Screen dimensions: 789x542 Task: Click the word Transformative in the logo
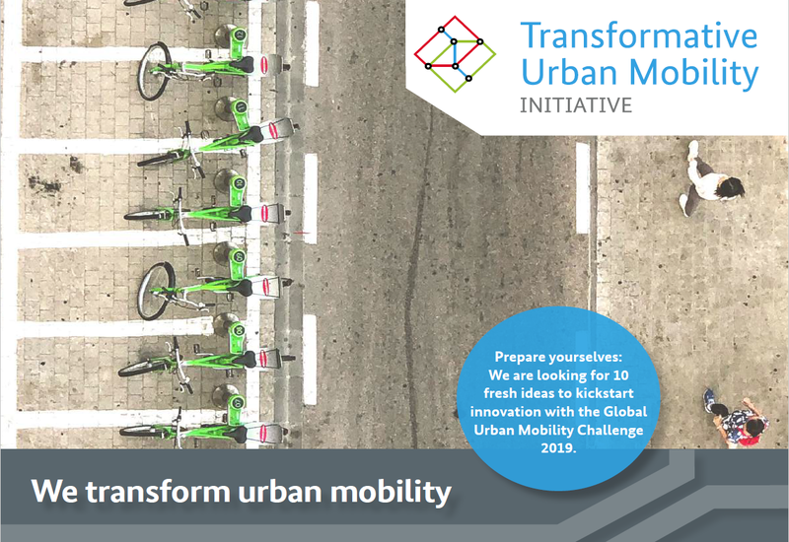pos(638,35)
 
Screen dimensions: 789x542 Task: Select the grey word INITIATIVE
pos(576,105)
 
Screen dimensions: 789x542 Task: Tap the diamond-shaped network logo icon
pos(455,54)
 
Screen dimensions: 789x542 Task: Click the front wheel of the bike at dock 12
pos(154,71)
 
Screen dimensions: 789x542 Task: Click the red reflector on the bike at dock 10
pos(264,213)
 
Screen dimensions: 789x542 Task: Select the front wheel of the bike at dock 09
pos(156,291)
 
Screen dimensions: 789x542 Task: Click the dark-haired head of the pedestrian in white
pos(730,188)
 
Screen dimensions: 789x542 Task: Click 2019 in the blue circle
pos(558,448)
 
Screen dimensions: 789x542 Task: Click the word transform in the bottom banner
pos(158,491)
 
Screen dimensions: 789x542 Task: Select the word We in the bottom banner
pos(54,491)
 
